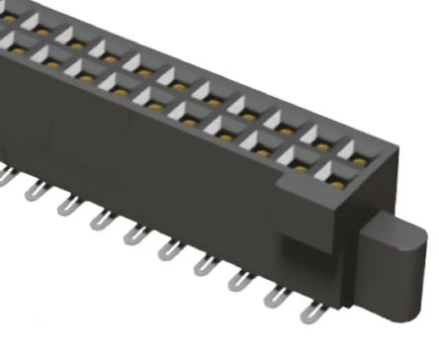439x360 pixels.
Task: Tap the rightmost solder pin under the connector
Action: (313, 314)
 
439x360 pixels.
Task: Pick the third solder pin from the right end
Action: (240, 280)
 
